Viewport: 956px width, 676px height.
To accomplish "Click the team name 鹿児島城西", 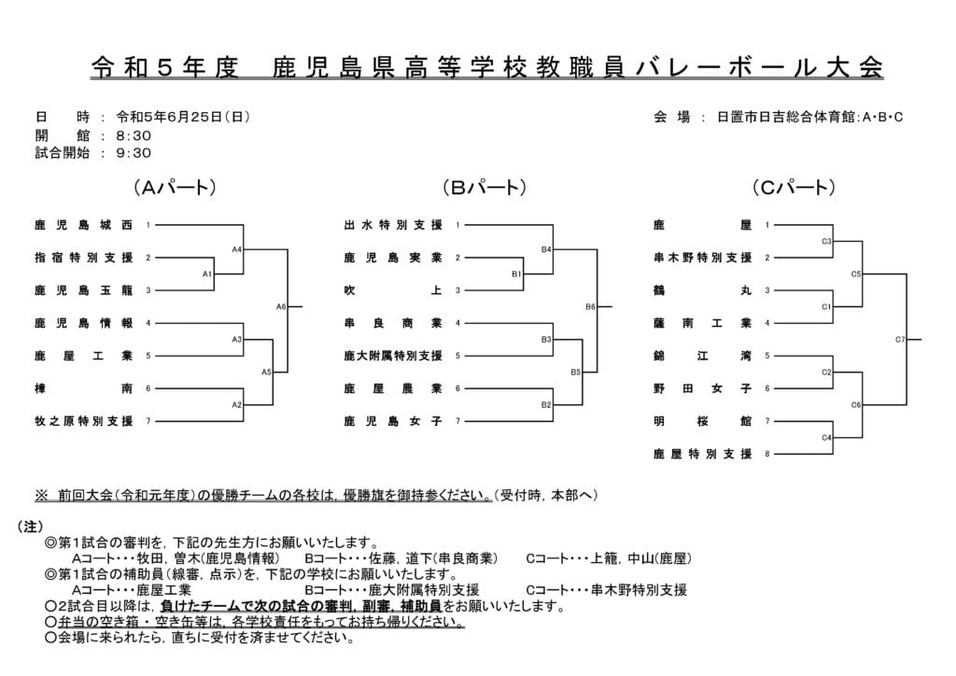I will [x=83, y=225].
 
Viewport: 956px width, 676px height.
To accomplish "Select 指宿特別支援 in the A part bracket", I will [x=83, y=258].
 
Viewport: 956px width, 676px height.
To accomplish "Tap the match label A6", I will [x=281, y=306].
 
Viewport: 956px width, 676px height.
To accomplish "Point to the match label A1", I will [x=207, y=274].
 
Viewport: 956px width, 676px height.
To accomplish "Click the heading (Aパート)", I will [x=175, y=188].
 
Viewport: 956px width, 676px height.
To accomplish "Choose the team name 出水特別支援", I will [x=393, y=225].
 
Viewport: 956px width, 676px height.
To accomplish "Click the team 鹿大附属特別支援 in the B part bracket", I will [x=393, y=356].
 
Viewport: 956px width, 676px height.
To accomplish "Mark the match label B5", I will [x=575, y=372].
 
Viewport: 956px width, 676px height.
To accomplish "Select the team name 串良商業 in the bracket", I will [x=393, y=323].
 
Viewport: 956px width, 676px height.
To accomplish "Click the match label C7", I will [x=900, y=339].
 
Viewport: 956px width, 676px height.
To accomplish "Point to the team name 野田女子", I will [x=703, y=388].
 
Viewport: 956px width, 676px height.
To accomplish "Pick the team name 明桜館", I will [x=703, y=421].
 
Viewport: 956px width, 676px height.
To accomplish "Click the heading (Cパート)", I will [x=794, y=188].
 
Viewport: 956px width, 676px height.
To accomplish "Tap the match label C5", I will [x=856, y=274].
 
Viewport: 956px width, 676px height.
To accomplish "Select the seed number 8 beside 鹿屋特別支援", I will [x=767, y=454].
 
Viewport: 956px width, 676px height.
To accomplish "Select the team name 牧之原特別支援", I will [x=83, y=421].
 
